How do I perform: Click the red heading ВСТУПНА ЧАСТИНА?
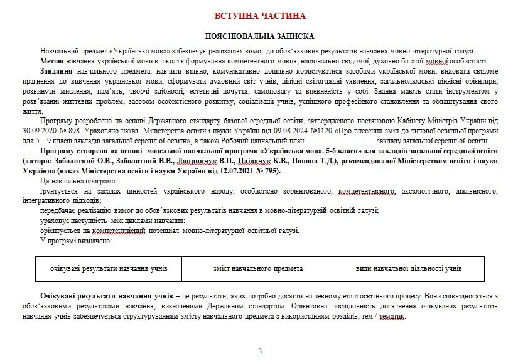tap(259, 16)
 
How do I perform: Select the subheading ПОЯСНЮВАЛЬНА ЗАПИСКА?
tap(259, 37)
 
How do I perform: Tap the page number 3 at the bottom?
tap(260, 351)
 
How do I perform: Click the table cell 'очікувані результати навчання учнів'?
tap(109, 268)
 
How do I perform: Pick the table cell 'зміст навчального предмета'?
tap(258, 268)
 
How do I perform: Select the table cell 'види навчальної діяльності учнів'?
tap(409, 268)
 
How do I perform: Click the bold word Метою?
tap(51, 61)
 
